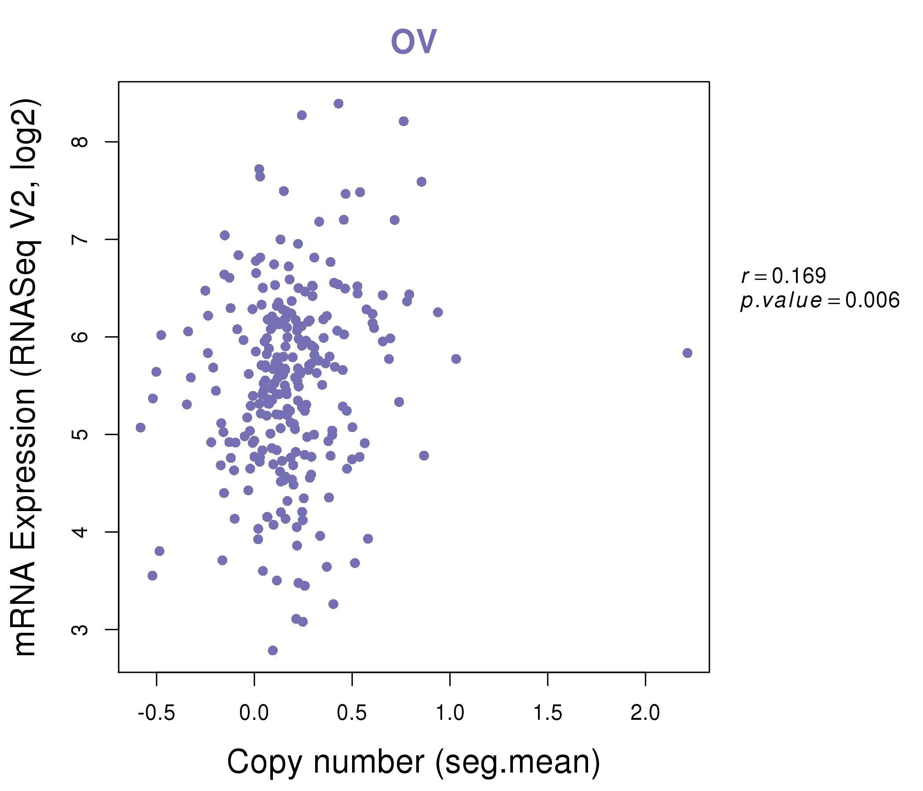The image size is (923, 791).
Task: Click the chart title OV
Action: tap(414, 41)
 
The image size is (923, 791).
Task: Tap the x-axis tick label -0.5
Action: tap(156, 713)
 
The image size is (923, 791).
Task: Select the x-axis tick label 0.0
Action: tap(254, 713)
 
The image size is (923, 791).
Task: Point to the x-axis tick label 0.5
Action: tap(352, 713)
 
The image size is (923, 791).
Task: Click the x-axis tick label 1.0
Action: tap(450, 713)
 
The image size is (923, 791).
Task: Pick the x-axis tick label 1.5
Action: tap(548, 713)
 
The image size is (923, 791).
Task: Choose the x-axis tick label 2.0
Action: tap(645, 713)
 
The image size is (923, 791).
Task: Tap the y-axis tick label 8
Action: tap(80, 142)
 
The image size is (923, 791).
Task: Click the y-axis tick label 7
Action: tap(80, 239)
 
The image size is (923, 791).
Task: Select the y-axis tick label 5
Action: tap(80, 434)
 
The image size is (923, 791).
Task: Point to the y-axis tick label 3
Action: tap(80, 629)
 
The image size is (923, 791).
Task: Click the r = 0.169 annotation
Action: tap(784, 276)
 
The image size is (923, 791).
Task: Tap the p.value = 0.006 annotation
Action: tap(820, 301)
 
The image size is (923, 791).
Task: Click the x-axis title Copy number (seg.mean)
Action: tap(414, 762)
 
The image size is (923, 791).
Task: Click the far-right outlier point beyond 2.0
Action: tap(687, 353)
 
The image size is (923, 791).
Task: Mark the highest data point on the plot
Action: tap(338, 104)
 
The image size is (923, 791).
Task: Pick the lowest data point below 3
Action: tap(273, 650)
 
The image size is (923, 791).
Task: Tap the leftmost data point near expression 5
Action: tap(141, 428)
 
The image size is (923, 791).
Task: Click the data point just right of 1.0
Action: tap(456, 359)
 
